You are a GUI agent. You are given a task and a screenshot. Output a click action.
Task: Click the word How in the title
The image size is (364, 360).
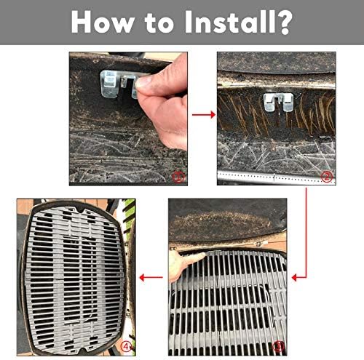103,22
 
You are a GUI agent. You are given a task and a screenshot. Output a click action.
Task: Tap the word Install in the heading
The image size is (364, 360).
230,22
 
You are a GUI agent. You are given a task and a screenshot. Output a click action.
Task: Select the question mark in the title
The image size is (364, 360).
284,23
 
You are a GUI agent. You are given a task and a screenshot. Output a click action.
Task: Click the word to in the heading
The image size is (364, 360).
159,23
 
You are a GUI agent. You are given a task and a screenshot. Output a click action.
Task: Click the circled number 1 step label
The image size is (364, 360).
178,177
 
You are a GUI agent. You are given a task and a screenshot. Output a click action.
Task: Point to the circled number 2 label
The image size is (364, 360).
326,177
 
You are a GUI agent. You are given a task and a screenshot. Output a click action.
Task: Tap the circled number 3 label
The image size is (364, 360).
278,347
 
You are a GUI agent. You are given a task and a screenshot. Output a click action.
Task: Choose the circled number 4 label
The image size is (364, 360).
126,346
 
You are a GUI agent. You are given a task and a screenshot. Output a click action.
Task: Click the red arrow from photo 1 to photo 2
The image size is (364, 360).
204,115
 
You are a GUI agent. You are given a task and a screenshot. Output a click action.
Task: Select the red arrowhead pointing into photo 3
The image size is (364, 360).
294,278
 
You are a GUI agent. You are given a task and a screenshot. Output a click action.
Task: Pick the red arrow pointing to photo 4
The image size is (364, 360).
151,278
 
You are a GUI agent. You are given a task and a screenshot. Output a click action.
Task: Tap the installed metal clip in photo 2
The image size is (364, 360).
278,103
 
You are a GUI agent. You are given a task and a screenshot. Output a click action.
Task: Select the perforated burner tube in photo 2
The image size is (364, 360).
276,177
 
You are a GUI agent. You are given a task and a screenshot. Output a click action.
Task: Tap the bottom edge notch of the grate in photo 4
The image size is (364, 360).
84,350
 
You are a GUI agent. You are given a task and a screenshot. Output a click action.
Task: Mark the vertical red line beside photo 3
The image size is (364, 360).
306,233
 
